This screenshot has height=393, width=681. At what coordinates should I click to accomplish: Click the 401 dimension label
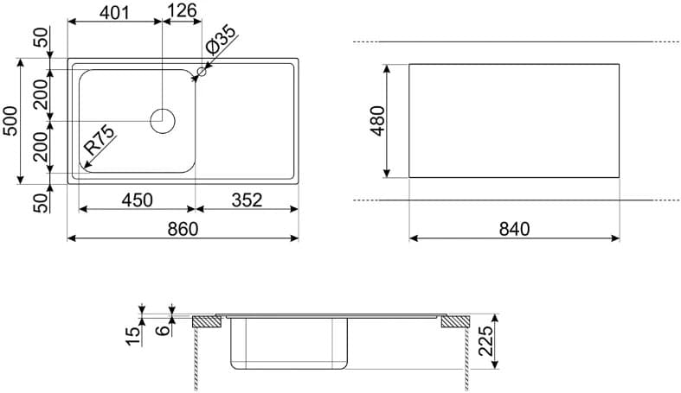click(115, 12)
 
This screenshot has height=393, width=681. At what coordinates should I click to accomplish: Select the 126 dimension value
click(182, 10)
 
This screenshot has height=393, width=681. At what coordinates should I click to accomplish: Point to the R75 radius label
click(100, 140)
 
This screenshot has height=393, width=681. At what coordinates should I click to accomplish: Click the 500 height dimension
click(11, 121)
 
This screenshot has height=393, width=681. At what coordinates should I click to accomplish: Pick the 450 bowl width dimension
click(138, 200)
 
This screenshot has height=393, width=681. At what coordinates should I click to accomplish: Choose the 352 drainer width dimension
click(247, 200)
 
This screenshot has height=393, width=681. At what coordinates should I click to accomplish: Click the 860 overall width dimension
click(183, 229)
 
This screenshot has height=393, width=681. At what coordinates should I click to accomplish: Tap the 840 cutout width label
click(514, 229)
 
